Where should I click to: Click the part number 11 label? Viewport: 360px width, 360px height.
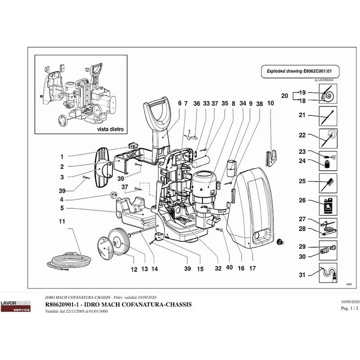point(62,221)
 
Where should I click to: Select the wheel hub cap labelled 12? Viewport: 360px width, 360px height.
point(105,248)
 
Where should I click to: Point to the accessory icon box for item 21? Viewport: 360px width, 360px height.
point(328,115)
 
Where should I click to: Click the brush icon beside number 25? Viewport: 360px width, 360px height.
point(328,182)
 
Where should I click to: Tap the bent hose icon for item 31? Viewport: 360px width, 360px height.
point(328,274)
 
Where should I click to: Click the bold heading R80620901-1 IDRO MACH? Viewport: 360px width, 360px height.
point(118,305)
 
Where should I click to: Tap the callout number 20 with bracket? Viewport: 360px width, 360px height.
point(284,96)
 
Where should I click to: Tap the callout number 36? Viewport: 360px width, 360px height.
point(197,103)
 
